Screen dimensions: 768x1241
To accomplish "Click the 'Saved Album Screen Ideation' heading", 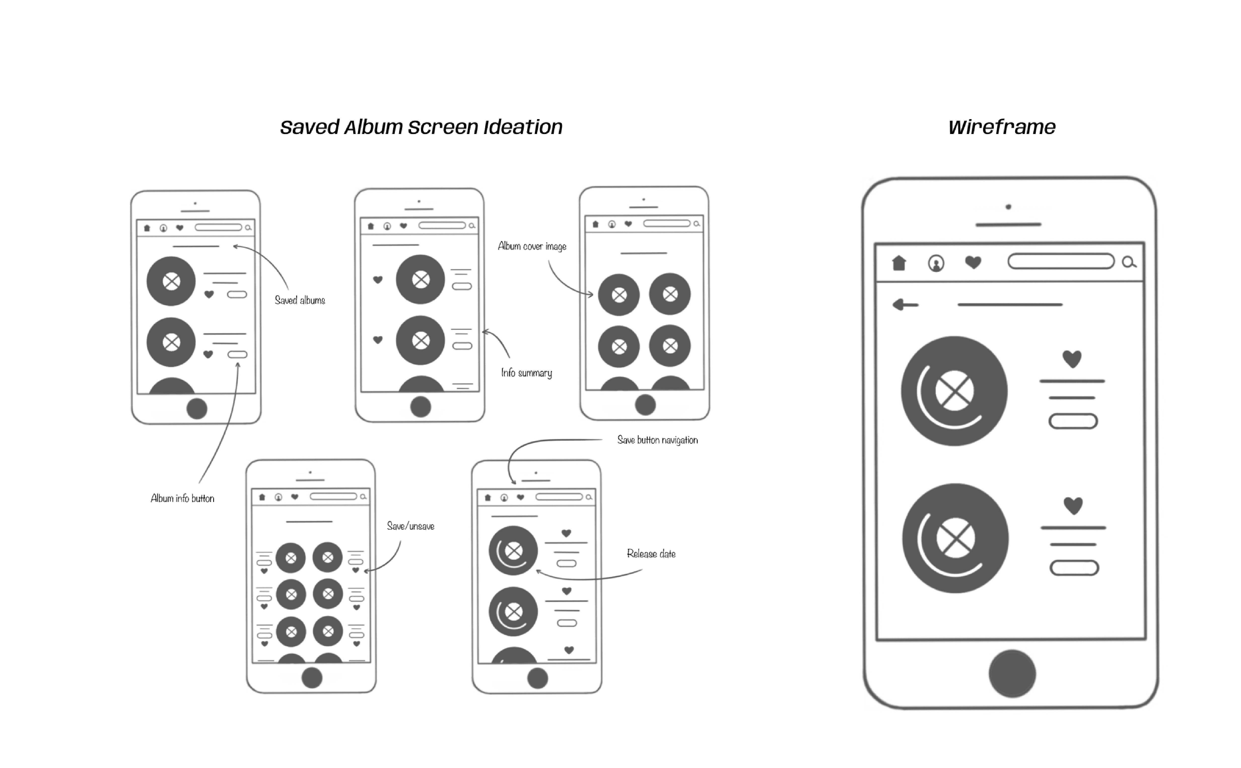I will [x=421, y=127].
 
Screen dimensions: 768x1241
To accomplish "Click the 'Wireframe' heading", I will [x=1002, y=127].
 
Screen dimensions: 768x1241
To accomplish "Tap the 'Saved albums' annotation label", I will [x=300, y=300].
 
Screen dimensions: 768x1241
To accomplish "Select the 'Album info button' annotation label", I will [x=182, y=498].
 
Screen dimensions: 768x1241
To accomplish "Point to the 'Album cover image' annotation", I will [x=532, y=246].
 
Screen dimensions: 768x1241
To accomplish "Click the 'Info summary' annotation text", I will [x=526, y=373].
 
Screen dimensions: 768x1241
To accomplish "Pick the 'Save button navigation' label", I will [x=657, y=440].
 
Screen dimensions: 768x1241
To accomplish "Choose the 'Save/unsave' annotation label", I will [x=411, y=526].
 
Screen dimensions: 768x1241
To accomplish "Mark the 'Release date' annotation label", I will [x=651, y=554].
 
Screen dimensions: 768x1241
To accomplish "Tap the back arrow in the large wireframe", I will [x=905, y=305].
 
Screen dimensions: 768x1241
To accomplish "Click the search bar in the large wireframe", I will [x=1061, y=262].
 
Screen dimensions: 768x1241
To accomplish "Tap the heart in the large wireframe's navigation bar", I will [x=973, y=262].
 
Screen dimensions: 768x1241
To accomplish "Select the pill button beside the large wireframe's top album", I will [x=1073, y=421].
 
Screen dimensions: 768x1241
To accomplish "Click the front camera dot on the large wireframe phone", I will [x=1008, y=207].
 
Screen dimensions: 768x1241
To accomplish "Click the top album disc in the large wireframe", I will [x=954, y=391].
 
